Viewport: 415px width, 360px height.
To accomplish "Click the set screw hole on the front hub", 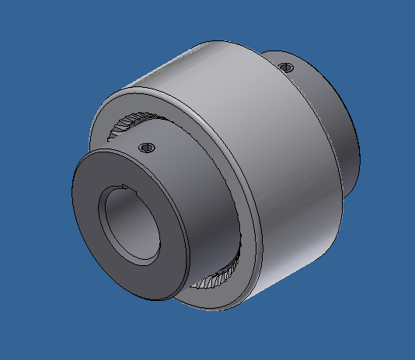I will click(x=144, y=146).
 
